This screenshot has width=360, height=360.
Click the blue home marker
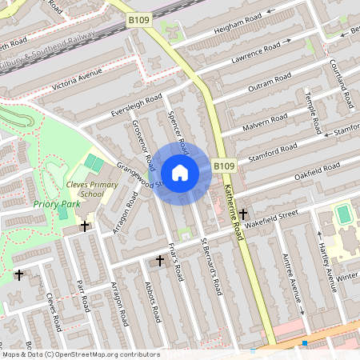[180, 173]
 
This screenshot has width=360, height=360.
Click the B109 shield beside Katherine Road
[224, 166]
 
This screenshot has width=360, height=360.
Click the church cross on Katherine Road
[242, 214]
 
